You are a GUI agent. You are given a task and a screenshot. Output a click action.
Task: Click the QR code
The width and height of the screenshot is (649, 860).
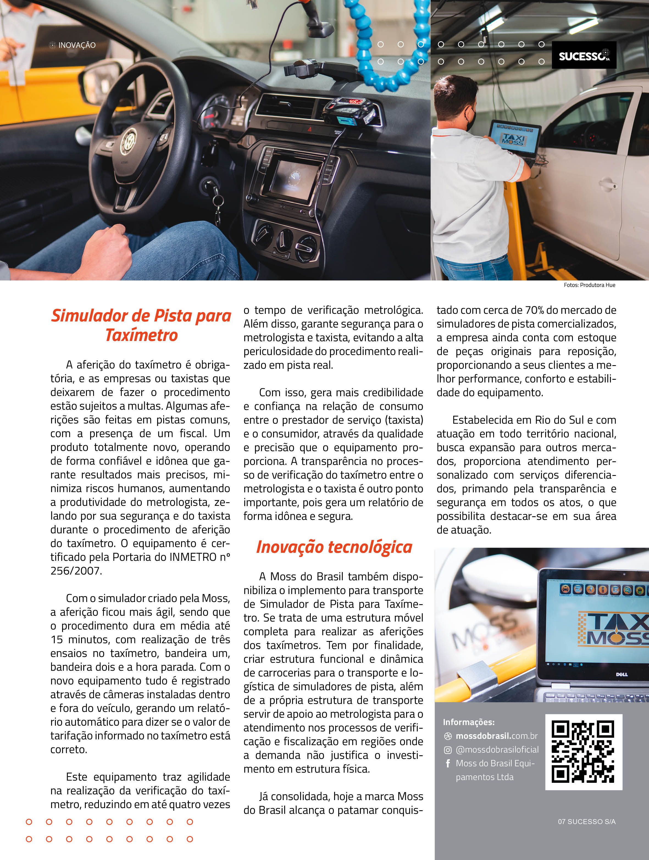(x=583, y=751)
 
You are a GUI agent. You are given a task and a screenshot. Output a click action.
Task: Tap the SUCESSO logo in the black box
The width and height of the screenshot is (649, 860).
(x=584, y=55)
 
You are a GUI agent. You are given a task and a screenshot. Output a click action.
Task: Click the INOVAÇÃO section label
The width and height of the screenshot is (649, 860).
(x=77, y=45)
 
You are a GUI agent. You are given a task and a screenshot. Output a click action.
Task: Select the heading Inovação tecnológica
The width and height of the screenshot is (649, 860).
(x=334, y=547)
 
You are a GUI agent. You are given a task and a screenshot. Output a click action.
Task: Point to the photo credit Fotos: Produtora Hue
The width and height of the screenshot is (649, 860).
(x=589, y=285)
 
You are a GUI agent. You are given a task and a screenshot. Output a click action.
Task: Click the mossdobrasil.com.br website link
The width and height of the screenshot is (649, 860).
(x=496, y=736)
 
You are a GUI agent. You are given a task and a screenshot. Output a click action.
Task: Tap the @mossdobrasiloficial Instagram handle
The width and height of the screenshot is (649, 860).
(x=497, y=749)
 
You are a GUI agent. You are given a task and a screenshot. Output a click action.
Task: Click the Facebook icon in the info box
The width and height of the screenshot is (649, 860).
(x=448, y=763)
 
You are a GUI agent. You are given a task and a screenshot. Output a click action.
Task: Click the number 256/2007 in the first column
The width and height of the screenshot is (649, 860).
(x=76, y=571)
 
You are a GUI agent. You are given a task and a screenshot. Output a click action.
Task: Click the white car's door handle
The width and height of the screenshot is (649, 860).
(x=608, y=183)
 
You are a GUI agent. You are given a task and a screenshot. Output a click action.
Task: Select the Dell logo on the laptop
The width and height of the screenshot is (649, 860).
(x=622, y=675)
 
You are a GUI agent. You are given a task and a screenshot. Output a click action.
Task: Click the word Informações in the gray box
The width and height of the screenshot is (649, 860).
(x=468, y=722)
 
